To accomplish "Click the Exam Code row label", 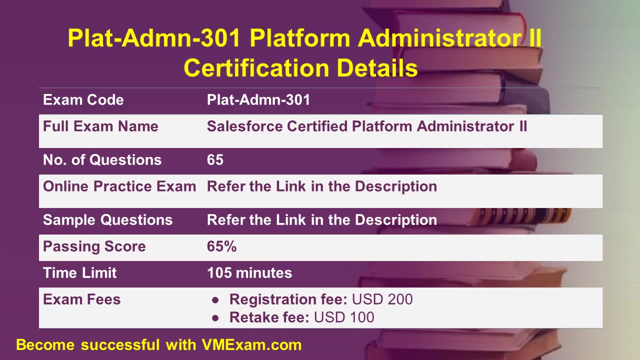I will pos(83,100).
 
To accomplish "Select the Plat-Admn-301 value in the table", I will pos(258,100).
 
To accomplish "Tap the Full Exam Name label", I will pos(100,126).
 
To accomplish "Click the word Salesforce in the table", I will pos(244,126).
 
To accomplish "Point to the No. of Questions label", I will pos(102,160).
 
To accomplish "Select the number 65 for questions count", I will pos(215,160).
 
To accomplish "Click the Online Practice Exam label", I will pos(119,186).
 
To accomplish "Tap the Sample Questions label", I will pos(107,220).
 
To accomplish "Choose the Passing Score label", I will pos(94,246).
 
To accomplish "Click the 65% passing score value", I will pos(221,246).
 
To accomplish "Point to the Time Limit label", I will pos(79,273).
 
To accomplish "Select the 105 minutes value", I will pos(249,273).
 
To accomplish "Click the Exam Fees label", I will pos(81,299).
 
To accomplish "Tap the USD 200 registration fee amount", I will pos(382,299).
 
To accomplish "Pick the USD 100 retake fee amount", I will pos(344,317).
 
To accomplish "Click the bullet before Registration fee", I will pos(215,300).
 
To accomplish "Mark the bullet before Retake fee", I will pos(215,317).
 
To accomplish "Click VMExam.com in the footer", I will pos(251,344).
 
